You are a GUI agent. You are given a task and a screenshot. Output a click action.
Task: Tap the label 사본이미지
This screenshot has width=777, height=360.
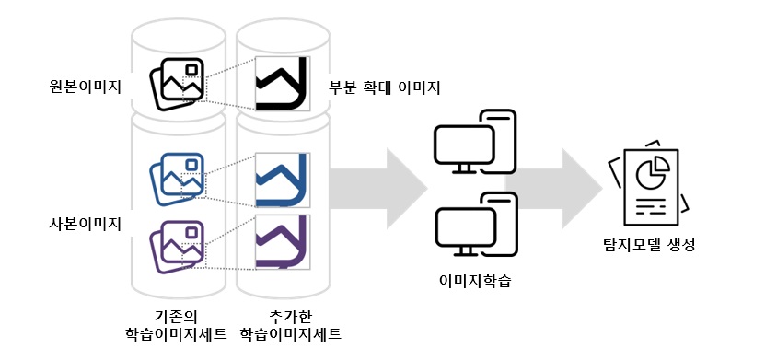click(84, 224)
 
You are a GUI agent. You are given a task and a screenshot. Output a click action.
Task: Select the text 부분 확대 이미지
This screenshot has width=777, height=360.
click(384, 88)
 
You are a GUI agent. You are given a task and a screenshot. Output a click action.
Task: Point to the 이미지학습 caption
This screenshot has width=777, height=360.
click(476, 281)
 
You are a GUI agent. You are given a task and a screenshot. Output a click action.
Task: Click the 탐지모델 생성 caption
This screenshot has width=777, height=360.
click(649, 245)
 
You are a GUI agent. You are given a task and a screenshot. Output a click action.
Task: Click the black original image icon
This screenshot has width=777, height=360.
click(177, 85)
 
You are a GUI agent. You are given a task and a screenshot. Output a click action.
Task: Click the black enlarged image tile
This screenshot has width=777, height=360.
click(282, 83)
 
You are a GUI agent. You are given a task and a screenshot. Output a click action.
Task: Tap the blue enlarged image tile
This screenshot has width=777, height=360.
click(282, 180)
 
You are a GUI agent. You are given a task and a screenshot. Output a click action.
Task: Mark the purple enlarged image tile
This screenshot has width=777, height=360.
click(282, 242)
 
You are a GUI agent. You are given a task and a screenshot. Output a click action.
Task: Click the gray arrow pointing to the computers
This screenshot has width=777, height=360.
click(378, 189)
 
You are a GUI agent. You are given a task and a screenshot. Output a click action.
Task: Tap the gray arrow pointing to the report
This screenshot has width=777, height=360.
click(553, 189)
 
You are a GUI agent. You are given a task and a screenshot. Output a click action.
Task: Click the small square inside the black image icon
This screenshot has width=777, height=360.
click(191, 70)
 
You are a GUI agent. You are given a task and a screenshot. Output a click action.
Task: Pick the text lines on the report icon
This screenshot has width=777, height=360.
click(651, 205)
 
